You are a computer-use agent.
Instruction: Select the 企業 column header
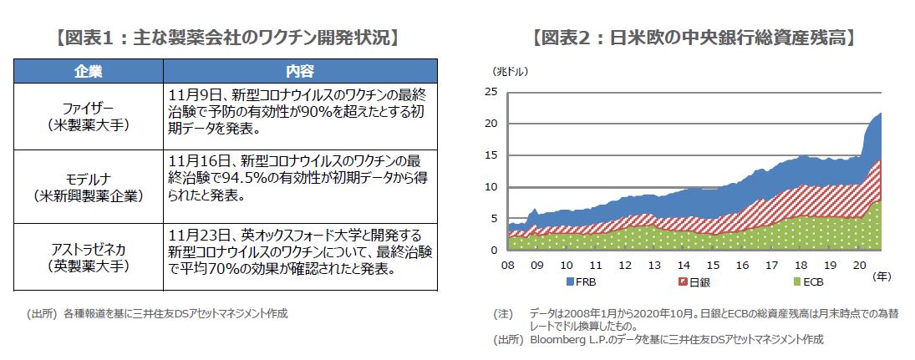88,71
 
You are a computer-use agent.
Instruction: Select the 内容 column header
299,71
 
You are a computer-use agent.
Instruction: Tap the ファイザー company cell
88,117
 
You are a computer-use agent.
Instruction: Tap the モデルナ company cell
88,187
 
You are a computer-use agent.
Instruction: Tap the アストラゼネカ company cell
88,256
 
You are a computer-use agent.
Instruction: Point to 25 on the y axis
492,92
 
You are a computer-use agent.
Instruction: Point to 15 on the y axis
492,155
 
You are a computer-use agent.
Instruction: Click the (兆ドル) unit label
506,70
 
